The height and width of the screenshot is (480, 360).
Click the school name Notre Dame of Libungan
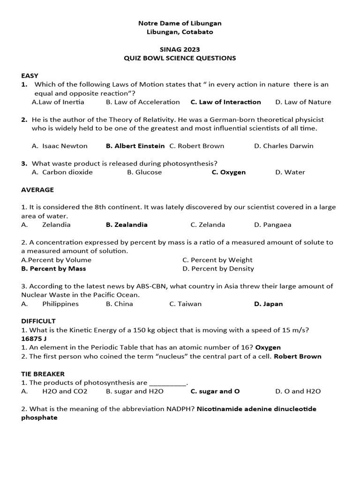[x=180, y=23]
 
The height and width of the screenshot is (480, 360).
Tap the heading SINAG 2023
[x=180, y=49]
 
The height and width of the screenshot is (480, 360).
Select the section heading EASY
[x=30, y=75]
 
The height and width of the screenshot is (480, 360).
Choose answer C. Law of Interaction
[x=225, y=102]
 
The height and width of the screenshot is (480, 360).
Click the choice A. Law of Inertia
[x=58, y=102]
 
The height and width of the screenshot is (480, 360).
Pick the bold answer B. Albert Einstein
[x=135, y=146]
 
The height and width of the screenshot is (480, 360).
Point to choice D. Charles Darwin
[x=284, y=146]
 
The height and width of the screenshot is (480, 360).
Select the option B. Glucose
[x=144, y=172]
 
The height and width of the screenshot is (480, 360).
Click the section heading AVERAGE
[x=37, y=190]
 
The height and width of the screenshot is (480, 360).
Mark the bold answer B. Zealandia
[x=127, y=225]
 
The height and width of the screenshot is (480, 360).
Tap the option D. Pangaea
[x=272, y=225]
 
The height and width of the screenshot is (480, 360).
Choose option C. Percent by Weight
[x=217, y=260]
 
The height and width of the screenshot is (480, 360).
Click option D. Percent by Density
[x=218, y=269]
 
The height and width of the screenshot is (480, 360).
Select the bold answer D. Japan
[x=268, y=304]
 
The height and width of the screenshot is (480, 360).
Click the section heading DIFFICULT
[x=38, y=321]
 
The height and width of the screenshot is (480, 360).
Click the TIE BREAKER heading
[x=43, y=374]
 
